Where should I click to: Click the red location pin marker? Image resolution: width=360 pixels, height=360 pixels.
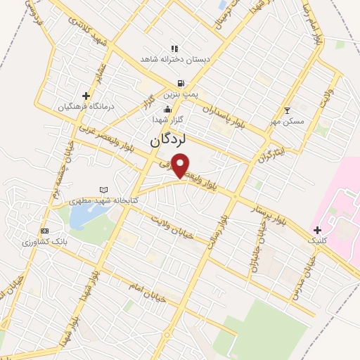(180, 166)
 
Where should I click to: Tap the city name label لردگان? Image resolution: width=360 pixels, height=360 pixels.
(167, 140)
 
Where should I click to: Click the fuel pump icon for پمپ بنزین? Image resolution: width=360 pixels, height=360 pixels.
(182, 83)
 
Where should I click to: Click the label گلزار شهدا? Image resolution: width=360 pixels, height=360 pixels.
(169, 120)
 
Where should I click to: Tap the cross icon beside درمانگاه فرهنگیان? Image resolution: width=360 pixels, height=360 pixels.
(86, 96)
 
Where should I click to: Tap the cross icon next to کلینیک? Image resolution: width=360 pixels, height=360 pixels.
(317, 230)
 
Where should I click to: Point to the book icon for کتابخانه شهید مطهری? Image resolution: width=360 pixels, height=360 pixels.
(105, 190)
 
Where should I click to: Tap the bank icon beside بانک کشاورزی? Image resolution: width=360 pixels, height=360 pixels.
(45, 231)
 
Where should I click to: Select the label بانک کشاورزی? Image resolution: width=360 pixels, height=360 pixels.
(44, 242)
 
